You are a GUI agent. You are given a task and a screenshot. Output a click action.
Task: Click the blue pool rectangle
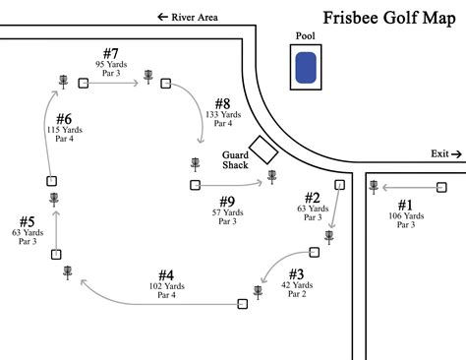point(306,68)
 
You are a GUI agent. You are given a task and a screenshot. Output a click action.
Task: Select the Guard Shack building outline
point(262,149)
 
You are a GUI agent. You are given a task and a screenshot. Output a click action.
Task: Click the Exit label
point(439,153)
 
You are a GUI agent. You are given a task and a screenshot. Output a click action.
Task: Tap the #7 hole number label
point(111,52)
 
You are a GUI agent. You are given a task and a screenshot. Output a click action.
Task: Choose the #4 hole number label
point(166,274)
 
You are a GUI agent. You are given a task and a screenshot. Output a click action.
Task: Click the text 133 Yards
point(219,114)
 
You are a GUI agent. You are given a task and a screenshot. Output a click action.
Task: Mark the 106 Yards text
point(405,215)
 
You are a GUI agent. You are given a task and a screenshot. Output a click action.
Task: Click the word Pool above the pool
point(305,35)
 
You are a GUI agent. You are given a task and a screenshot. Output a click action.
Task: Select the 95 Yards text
point(111,64)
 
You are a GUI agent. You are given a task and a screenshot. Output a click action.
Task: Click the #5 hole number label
point(28,221)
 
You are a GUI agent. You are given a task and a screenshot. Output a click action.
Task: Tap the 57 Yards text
point(227,212)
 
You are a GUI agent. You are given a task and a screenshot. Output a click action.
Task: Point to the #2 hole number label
point(312,197)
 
